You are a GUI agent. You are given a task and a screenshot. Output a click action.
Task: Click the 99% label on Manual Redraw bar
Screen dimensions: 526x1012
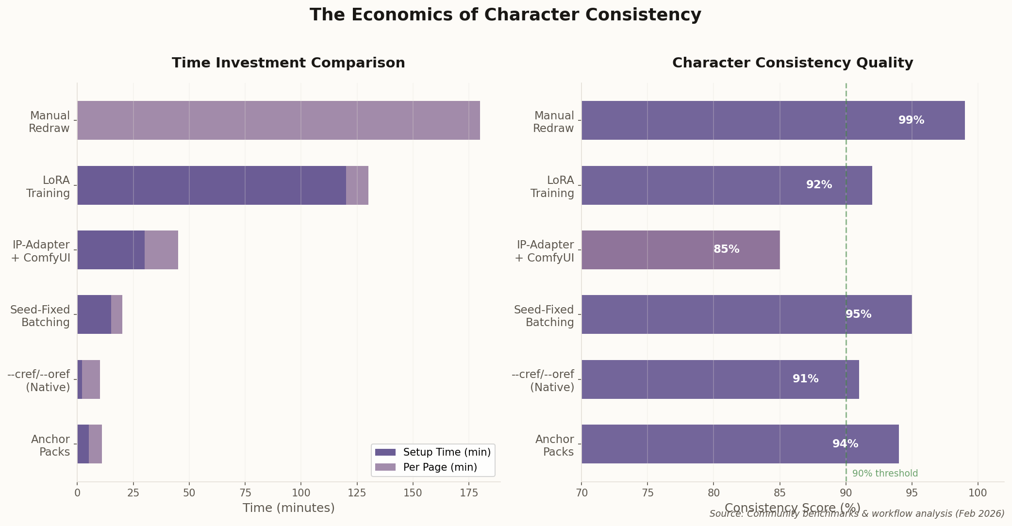click(911, 120)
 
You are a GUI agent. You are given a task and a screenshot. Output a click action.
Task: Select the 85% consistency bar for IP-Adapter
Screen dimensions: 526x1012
click(680, 249)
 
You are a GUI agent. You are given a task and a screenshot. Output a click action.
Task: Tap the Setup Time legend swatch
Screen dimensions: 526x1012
click(385, 452)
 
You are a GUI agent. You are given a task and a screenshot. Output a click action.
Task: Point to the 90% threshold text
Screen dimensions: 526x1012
click(885, 474)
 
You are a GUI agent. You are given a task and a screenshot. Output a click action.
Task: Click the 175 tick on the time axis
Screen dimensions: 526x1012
click(468, 493)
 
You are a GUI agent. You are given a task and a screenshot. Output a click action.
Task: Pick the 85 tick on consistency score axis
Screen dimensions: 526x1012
click(780, 493)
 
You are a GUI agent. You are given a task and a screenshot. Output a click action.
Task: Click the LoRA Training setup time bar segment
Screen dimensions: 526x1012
click(211, 185)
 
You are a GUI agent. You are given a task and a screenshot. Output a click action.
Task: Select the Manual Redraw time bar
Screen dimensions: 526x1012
click(278, 120)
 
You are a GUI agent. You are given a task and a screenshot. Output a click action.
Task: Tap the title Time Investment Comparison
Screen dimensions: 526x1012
click(288, 63)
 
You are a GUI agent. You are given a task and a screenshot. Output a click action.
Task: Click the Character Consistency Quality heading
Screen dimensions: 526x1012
click(792, 63)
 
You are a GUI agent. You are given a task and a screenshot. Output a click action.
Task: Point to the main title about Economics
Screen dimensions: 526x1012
click(505, 15)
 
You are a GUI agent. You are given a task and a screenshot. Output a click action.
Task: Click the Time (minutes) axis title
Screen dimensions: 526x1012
click(288, 508)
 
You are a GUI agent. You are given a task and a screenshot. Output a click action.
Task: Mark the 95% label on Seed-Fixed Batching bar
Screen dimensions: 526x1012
click(858, 314)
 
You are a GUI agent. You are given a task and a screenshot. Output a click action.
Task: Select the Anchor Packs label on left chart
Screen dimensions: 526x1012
click(50, 445)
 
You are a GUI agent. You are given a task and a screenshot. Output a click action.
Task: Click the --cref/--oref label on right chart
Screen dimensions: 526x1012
click(543, 381)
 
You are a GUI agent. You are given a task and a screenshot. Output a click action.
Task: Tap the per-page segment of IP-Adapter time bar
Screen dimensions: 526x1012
click(161, 249)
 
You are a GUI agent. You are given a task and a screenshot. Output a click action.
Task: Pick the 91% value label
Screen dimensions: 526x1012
click(805, 379)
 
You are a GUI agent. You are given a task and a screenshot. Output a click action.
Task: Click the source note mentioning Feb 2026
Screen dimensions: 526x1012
click(856, 513)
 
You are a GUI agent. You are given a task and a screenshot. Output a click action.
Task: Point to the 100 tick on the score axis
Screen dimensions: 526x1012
click(978, 493)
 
